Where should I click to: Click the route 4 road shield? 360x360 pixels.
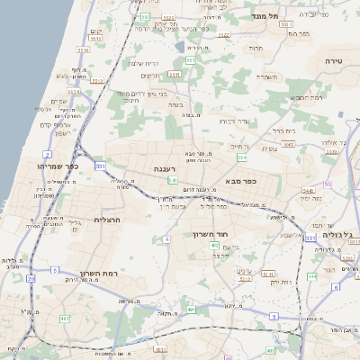coord(166,238)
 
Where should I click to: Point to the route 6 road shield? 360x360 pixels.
coord(336,287)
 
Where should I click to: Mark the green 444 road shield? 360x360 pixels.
coord(311,276)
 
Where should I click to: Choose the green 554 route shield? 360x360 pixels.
coord(241,157)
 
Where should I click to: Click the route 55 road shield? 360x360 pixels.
coord(328,184)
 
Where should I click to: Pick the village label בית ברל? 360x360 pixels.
coord(283,130)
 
